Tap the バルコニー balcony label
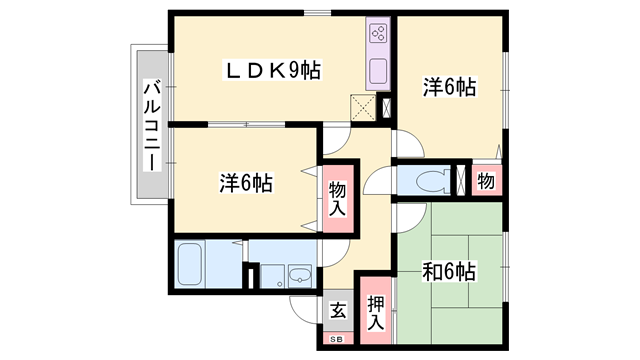(152, 126)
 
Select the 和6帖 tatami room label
(449, 271)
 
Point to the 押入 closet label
(376, 312)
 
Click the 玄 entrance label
(338, 311)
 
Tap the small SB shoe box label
(338, 339)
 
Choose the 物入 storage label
(338, 199)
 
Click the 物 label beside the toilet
(486, 181)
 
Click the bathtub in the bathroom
(190, 264)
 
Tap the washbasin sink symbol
(300, 276)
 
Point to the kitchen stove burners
(378, 33)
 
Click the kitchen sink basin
(378, 71)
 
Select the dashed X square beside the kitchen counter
(363, 108)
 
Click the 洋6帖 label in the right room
(449, 87)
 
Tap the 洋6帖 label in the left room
(246, 182)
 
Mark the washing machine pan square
(273, 276)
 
